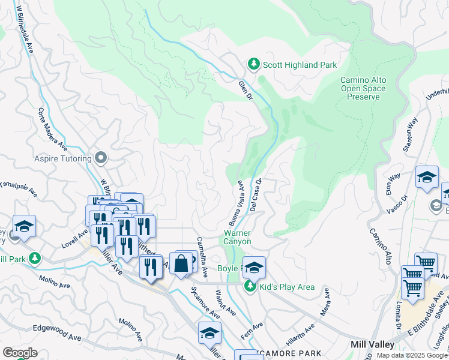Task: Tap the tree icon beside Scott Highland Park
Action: click(253, 64)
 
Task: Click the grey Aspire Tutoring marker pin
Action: click(101, 158)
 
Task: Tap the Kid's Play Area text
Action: click(287, 287)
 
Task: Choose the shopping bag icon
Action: click(181, 263)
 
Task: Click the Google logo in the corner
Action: click(20, 353)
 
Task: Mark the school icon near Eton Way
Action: click(426, 177)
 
